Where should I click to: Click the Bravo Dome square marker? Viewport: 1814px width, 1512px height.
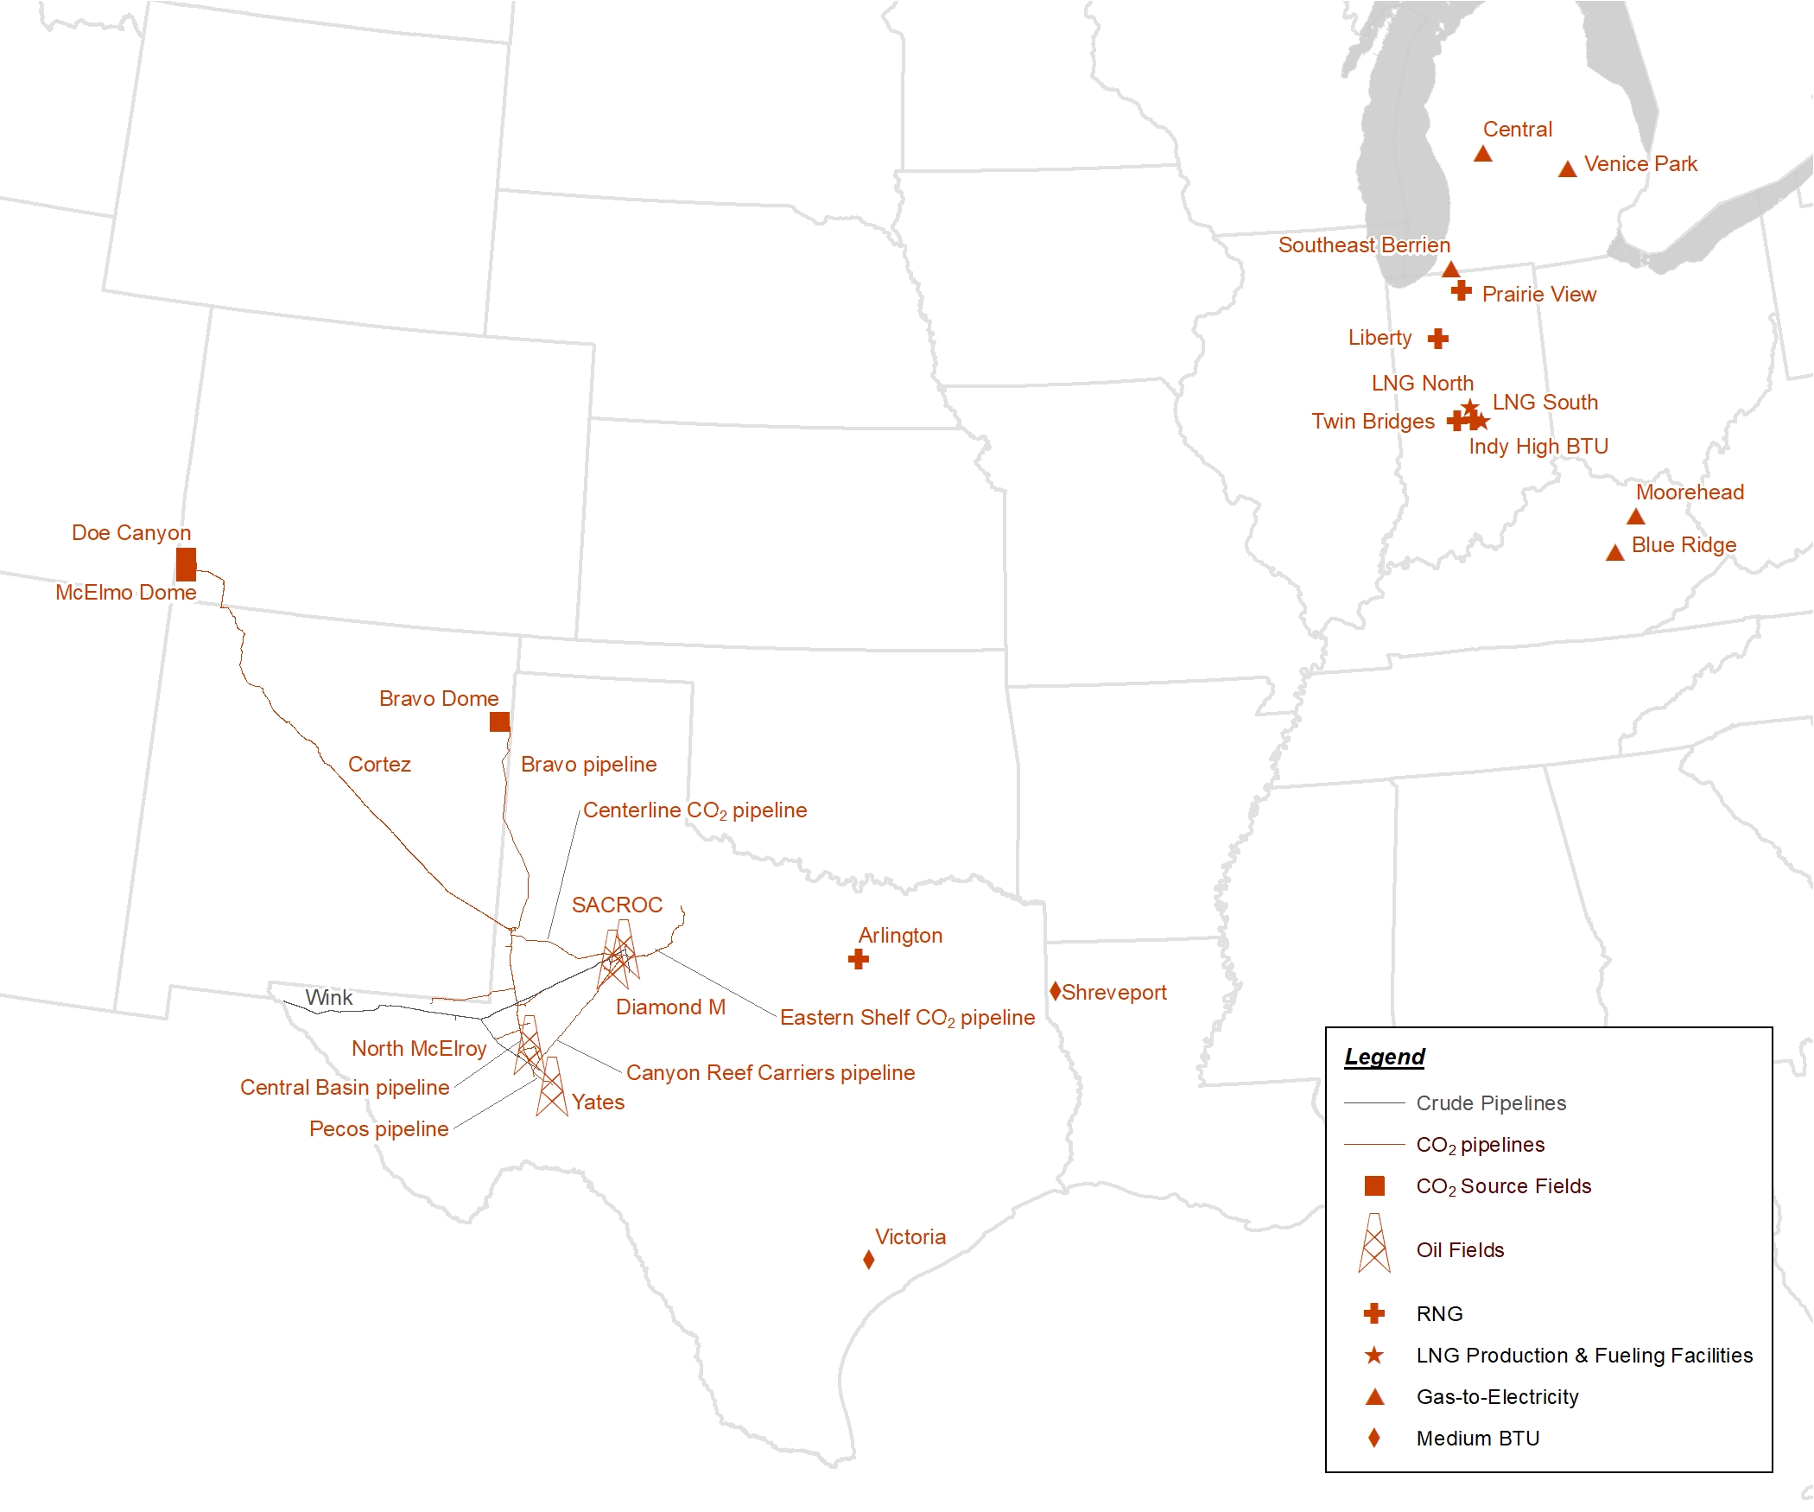pos(499,721)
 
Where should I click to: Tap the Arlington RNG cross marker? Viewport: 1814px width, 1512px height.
pos(858,959)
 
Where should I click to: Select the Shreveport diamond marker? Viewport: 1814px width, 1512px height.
pos(1055,991)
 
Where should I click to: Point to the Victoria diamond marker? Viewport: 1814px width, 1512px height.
pos(868,1260)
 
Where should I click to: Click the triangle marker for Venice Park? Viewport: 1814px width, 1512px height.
pos(1567,169)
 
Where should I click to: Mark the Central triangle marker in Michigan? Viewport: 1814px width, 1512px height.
pos(1482,154)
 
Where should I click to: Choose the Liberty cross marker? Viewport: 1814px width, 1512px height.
pos(1437,339)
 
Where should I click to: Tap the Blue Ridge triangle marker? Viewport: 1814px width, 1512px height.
pos(1614,553)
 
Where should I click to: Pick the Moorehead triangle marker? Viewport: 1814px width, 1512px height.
pos(1635,517)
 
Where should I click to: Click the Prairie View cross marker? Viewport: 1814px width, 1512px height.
pos(1461,290)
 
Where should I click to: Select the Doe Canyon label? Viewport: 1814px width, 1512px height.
pos(131,532)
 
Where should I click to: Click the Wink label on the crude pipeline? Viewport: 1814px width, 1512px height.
pos(328,997)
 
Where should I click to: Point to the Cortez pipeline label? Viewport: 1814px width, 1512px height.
pos(379,764)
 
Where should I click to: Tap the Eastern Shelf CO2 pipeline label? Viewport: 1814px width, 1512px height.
pos(907,1017)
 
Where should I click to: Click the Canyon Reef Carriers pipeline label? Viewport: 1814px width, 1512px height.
pos(771,1072)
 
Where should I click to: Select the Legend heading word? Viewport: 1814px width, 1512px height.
pos(1384,1057)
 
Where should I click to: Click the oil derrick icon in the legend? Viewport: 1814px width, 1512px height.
pos(1373,1243)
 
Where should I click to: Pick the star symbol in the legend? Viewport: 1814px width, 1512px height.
pos(1373,1356)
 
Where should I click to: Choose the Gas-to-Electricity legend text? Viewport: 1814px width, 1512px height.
pos(1497,1397)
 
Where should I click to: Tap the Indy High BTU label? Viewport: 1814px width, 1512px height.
pos(1538,446)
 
